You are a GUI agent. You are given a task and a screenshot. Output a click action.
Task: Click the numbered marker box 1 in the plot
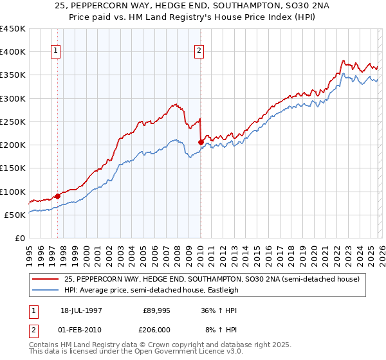56,51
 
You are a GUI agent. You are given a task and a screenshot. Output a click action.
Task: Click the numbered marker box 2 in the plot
199,51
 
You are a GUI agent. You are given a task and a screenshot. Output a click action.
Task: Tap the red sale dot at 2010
201,142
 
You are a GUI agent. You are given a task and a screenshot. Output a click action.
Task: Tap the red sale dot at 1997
58,196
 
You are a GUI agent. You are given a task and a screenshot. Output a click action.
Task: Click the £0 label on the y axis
21,238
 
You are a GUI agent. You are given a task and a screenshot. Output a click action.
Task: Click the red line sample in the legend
46,278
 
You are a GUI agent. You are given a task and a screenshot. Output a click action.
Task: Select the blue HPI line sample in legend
46,289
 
